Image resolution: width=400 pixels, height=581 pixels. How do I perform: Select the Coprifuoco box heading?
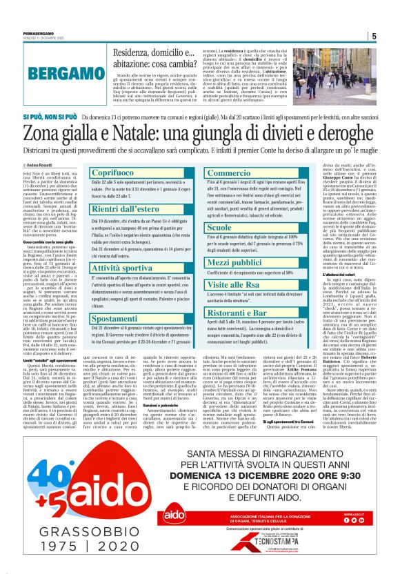pos(112,172)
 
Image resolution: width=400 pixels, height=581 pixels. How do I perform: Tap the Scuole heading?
pos(220,226)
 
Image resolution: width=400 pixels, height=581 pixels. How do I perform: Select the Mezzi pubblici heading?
pos(237,264)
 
